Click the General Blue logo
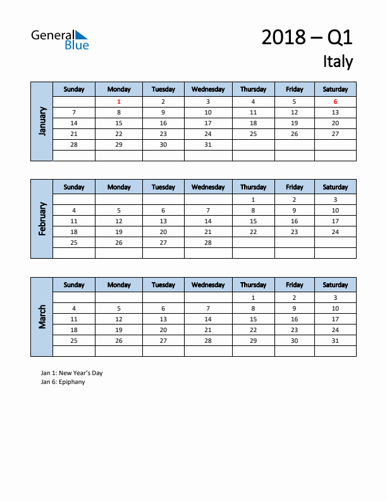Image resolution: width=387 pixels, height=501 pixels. click(60, 39)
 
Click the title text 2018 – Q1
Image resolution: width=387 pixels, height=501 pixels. click(307, 38)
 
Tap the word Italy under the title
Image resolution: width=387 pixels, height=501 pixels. click(338, 61)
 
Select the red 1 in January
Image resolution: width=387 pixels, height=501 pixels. click(119, 102)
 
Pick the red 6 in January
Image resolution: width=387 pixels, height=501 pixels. click(335, 102)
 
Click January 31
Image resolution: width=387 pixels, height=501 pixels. click(208, 145)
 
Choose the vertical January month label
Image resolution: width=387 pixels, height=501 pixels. click(42, 121)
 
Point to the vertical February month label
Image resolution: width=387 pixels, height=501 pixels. click(42, 219)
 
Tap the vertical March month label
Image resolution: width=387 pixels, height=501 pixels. click(42, 317)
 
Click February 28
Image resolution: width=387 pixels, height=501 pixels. click(208, 243)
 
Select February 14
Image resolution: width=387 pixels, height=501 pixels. click(208, 221)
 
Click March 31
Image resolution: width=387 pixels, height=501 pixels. click(335, 341)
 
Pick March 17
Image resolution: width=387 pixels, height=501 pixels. click(335, 319)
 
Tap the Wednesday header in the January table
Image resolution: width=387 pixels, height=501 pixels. click(208, 89)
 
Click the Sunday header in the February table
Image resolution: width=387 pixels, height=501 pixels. click(74, 187)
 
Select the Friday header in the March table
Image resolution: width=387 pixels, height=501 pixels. click(294, 285)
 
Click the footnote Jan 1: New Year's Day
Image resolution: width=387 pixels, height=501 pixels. click(71, 373)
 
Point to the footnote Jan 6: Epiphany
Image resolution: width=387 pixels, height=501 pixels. click(63, 382)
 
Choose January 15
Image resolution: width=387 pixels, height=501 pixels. click(119, 123)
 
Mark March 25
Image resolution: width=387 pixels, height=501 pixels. click(74, 341)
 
